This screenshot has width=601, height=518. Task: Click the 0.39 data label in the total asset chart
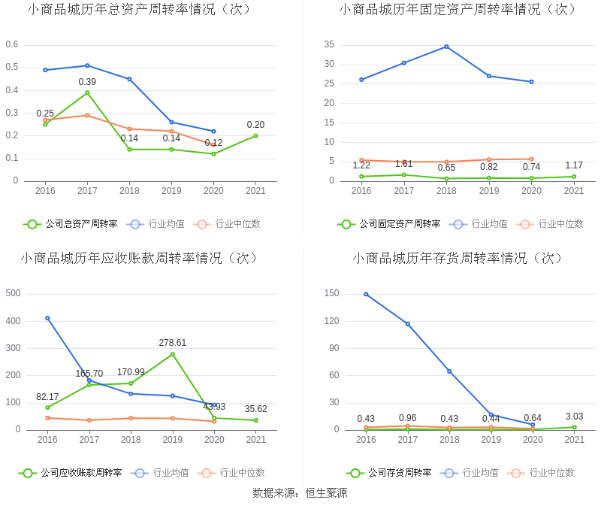(x=87, y=82)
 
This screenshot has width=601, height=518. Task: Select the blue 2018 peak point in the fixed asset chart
(x=446, y=47)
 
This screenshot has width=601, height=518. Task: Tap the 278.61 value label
(x=172, y=343)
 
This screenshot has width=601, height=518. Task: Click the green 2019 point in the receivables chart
(x=172, y=354)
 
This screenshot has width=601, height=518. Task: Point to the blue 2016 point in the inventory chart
(x=366, y=294)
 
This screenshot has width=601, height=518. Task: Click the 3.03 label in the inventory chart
(x=574, y=417)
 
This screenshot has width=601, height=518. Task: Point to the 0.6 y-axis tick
(x=12, y=44)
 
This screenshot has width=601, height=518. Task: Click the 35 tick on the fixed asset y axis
(x=329, y=44)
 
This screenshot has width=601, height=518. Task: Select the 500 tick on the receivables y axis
(x=13, y=293)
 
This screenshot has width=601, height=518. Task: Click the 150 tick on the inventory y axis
(x=331, y=293)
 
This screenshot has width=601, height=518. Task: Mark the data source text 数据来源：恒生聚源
(x=300, y=493)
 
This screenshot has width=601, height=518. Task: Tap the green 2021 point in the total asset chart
(x=255, y=135)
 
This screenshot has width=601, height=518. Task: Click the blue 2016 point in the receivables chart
(x=47, y=318)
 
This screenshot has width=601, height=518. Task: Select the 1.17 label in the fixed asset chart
(x=574, y=165)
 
